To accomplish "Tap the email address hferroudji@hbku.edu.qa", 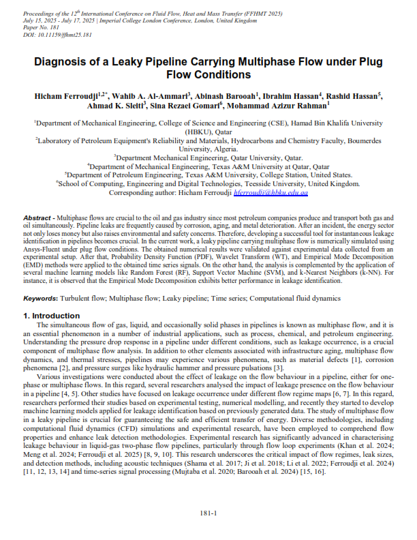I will [271, 193].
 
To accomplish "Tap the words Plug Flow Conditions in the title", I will [208, 74].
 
